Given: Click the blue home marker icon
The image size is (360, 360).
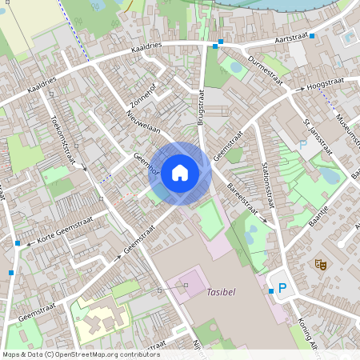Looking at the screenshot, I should point(180,172).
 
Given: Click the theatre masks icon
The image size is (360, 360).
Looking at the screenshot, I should point(321,263).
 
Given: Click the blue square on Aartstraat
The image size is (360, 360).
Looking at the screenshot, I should point(313,36).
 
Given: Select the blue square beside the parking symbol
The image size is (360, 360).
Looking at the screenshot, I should point(271,291).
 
